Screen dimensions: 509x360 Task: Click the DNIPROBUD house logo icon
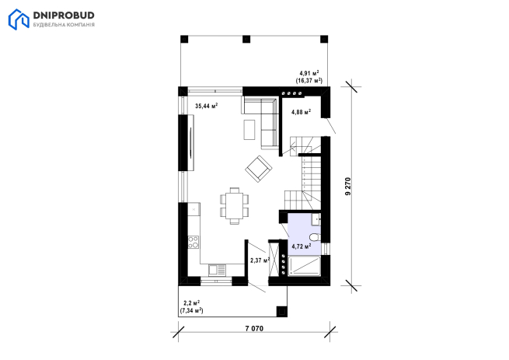(19, 19)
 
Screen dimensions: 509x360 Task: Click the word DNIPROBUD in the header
(64, 16)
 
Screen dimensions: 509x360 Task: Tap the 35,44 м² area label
(206, 106)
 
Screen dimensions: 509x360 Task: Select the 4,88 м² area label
(302, 112)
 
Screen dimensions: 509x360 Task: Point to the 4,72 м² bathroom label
(302, 246)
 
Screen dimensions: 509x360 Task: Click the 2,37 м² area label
(260, 260)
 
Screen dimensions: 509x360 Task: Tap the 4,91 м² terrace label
(309, 73)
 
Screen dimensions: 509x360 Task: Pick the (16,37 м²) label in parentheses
(309, 81)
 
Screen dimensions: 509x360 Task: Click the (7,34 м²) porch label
(191, 310)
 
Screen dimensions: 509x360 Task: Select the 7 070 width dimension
(254, 328)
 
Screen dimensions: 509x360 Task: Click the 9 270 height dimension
(348, 186)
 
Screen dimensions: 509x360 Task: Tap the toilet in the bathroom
(315, 237)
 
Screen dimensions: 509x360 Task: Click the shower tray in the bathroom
(304, 266)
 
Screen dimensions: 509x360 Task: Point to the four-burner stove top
(193, 242)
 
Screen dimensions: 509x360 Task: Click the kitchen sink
(217, 270)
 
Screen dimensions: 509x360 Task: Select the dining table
(235, 205)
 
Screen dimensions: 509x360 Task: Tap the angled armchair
(259, 169)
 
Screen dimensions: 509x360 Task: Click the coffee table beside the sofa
(249, 130)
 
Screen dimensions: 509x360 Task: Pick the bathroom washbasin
(316, 219)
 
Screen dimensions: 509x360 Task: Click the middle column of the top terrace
(246, 39)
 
